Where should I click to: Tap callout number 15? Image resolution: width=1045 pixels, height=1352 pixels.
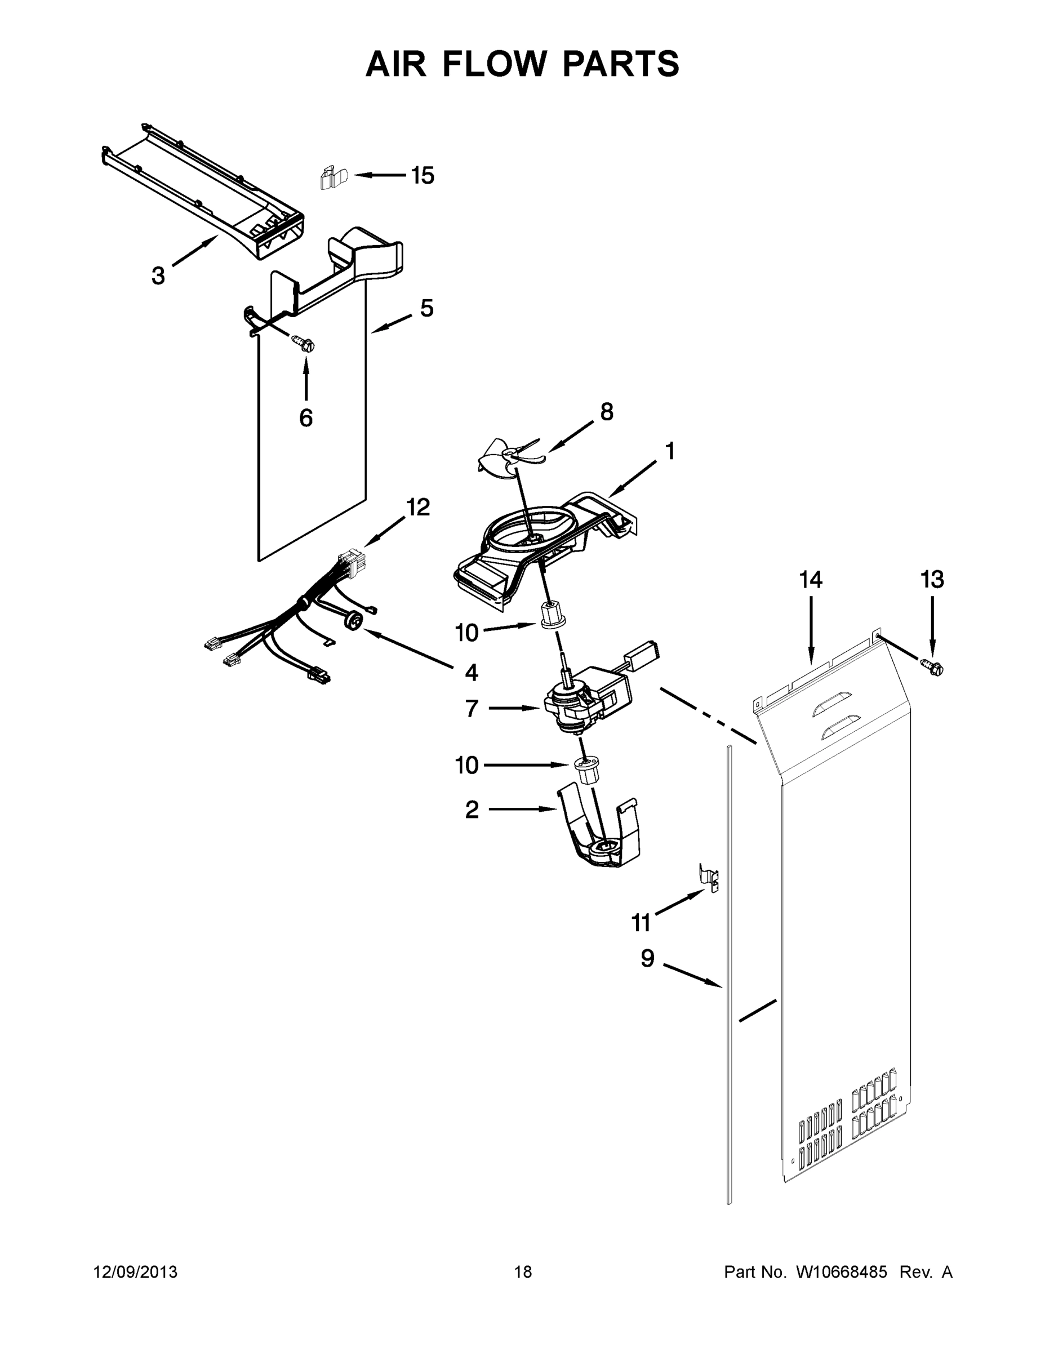(423, 176)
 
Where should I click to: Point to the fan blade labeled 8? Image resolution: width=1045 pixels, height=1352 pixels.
(512, 461)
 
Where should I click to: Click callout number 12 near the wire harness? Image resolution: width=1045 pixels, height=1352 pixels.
(418, 507)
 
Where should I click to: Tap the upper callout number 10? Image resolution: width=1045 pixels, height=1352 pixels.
(467, 633)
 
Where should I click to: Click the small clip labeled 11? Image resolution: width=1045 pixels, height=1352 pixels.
(710, 878)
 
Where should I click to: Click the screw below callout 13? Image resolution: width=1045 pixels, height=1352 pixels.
(934, 668)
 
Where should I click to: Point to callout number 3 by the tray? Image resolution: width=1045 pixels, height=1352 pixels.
(158, 275)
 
